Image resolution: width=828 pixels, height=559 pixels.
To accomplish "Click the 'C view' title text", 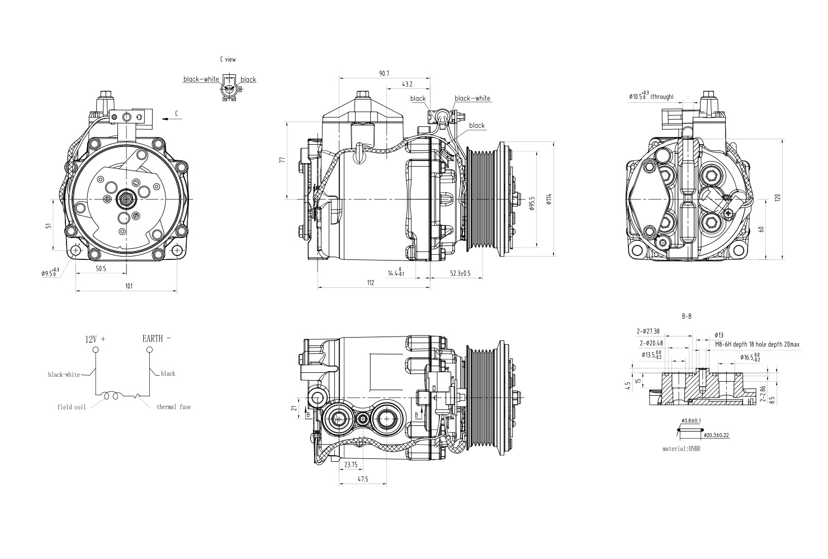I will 228,59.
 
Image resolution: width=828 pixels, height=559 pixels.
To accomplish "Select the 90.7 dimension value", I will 384,73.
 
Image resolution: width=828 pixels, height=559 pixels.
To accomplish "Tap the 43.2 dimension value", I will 407,84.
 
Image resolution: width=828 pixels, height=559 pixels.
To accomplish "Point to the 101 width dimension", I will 129,286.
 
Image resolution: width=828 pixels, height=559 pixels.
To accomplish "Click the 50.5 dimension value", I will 101,269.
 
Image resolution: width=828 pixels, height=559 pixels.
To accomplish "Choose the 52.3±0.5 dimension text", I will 460,273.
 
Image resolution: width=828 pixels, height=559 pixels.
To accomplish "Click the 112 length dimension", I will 370,283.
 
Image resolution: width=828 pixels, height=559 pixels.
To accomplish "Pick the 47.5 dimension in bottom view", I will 362,479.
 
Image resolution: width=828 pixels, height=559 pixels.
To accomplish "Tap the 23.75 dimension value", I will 351,465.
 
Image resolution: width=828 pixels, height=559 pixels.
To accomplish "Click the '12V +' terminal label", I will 95,339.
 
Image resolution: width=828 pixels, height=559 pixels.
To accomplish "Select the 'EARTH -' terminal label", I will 157,339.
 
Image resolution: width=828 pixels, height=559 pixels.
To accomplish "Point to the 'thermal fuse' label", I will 173,407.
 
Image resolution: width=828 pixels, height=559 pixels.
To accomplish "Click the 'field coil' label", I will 72,407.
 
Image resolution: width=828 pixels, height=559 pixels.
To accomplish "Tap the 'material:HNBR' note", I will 682,448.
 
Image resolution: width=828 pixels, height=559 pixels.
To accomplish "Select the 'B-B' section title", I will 687,316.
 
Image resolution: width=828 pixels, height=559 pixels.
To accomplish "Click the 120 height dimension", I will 778,198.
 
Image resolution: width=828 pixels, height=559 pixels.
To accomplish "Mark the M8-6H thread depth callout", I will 757,345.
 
